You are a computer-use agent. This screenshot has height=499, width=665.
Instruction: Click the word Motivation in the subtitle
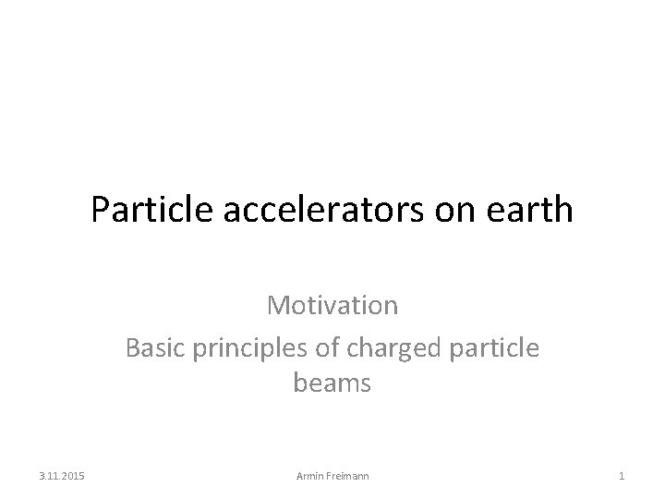[x=332, y=304]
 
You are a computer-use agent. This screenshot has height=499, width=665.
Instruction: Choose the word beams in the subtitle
[x=332, y=383]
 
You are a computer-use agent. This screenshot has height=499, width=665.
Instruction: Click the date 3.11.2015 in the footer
[x=62, y=476]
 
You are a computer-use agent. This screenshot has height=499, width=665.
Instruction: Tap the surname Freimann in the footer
[x=347, y=476]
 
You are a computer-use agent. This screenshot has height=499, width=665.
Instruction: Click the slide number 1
[x=622, y=476]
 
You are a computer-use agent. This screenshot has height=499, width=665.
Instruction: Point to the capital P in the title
[x=100, y=210]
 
